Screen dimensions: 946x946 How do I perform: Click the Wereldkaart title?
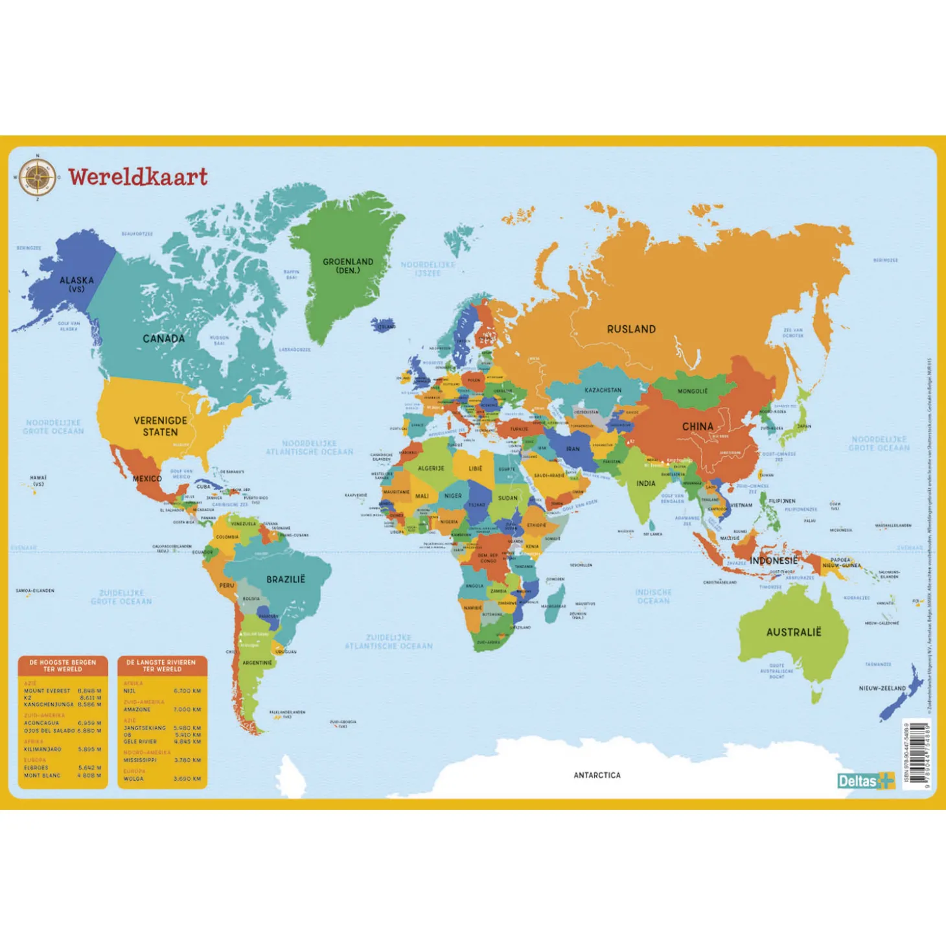point(138,177)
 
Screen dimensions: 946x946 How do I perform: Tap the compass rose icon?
point(37,178)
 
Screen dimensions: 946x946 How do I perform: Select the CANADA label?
point(163,338)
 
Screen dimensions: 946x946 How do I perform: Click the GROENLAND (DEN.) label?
point(348,266)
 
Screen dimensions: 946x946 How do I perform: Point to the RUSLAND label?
point(631,329)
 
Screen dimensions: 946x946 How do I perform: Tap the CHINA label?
point(697,426)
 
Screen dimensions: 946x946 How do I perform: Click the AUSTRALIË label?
point(793,632)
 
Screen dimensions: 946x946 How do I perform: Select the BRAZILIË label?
point(285,579)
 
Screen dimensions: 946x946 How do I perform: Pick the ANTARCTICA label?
point(597,775)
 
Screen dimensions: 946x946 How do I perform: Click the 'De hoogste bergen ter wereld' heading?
point(63,665)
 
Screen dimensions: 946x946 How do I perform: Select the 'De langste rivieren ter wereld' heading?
point(162,665)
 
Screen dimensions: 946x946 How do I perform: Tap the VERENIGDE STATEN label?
point(160,426)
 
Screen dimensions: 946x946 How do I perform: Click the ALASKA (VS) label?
point(76,284)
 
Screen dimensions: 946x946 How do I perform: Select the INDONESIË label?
point(774,560)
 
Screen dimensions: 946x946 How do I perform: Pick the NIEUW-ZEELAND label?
point(882,688)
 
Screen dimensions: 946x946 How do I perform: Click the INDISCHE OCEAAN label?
point(653,596)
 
